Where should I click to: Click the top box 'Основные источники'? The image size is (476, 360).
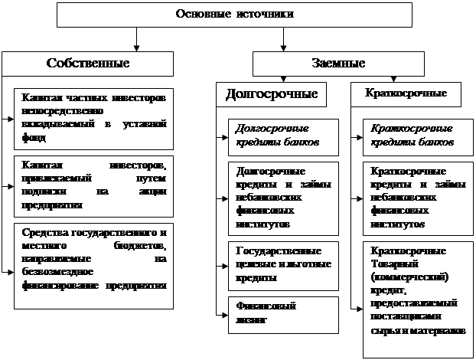coord(235,14)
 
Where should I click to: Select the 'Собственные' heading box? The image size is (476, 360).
coord(87,63)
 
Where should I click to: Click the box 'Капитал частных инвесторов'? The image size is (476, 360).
coord(93,117)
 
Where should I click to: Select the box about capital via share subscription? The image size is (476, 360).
coord(93,185)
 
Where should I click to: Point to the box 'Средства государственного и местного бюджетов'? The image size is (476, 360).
coord(93,258)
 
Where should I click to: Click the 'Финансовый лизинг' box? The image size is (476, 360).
coord(283,313)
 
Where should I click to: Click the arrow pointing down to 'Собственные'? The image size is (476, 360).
coord(136,39)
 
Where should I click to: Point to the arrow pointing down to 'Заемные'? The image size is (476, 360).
coord(283,39)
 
